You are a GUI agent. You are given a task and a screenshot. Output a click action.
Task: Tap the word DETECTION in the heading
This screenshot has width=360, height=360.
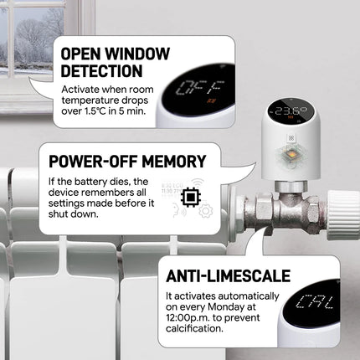coord(102,71)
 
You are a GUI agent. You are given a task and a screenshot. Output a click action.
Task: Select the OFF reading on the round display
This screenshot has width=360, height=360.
coord(201,88)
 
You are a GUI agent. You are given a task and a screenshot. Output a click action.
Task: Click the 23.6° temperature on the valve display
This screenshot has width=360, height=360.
coord(291,111)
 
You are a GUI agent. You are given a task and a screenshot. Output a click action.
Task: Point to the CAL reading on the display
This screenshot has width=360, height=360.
coord(315,302)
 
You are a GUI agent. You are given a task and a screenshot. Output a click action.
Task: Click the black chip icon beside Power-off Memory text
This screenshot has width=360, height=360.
coord(191,198)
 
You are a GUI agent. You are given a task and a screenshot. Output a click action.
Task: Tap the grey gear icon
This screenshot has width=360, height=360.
coord(206,210)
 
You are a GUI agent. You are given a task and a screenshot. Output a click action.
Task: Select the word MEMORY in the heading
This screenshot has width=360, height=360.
coord(173,162)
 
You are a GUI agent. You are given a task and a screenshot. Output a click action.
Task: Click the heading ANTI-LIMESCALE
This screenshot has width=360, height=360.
coord(228,276)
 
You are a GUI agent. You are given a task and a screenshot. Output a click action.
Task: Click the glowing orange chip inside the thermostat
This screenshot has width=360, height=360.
coord(291,155)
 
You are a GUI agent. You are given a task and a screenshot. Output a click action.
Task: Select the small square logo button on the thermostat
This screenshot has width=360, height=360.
coord(291,138)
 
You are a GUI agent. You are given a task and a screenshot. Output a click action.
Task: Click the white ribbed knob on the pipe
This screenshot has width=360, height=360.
coord(343,215)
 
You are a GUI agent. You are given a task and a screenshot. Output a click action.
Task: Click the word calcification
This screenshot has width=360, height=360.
coord(194,328)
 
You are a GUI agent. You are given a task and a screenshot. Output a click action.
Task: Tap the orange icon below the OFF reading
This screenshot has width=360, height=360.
coord(209,101)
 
